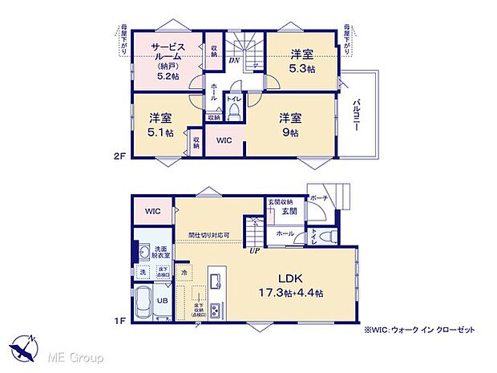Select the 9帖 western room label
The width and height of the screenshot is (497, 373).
[289, 124]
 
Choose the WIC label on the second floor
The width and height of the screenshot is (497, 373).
[224, 139]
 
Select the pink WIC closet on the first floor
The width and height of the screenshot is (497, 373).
[152, 211]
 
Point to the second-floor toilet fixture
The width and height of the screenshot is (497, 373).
[233, 112]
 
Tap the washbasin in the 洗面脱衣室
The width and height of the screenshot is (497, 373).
[143, 251]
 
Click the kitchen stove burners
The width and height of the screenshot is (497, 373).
[216, 280]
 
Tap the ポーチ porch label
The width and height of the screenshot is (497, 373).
[318, 197]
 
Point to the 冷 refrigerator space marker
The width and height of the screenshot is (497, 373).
[184, 272]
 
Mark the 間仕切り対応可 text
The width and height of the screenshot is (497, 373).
[209, 235]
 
